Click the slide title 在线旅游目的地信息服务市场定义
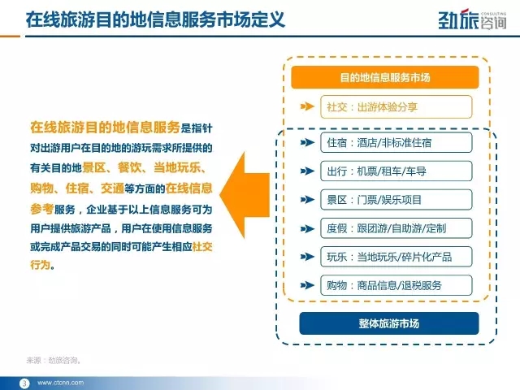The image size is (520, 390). point(155,19)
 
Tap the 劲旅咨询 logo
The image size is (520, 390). point(472,19)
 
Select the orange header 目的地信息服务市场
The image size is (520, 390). point(385,77)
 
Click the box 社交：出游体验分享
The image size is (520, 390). point(396,106)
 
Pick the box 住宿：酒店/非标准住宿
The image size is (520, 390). point(396,143)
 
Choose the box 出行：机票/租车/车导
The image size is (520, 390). point(396,171)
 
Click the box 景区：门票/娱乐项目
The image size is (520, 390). point(396,200)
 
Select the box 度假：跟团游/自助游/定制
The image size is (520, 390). point(396,228)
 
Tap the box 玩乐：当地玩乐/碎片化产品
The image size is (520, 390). point(396,257)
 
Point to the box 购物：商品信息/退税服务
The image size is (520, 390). point(396,285)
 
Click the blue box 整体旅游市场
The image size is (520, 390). point(389,323)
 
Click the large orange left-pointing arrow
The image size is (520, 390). point(245,195)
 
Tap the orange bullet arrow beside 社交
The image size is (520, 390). point(307,106)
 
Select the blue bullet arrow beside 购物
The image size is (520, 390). point(307,285)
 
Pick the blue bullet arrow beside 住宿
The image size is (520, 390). point(307,143)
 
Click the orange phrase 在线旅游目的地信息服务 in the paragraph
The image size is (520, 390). point(105,128)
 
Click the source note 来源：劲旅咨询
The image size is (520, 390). point(54,360)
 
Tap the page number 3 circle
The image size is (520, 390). point(24,383)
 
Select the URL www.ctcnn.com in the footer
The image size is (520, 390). point(61,383)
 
